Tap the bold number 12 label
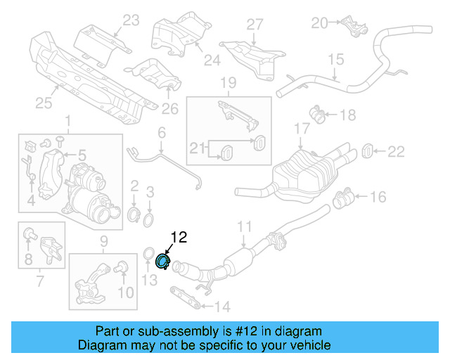pos(178,238)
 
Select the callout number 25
pos(44,104)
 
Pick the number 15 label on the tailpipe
pos(335,59)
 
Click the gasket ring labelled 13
pos(150,255)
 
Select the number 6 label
pos(161,132)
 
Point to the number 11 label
pos(244,226)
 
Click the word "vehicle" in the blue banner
pos(306,345)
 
